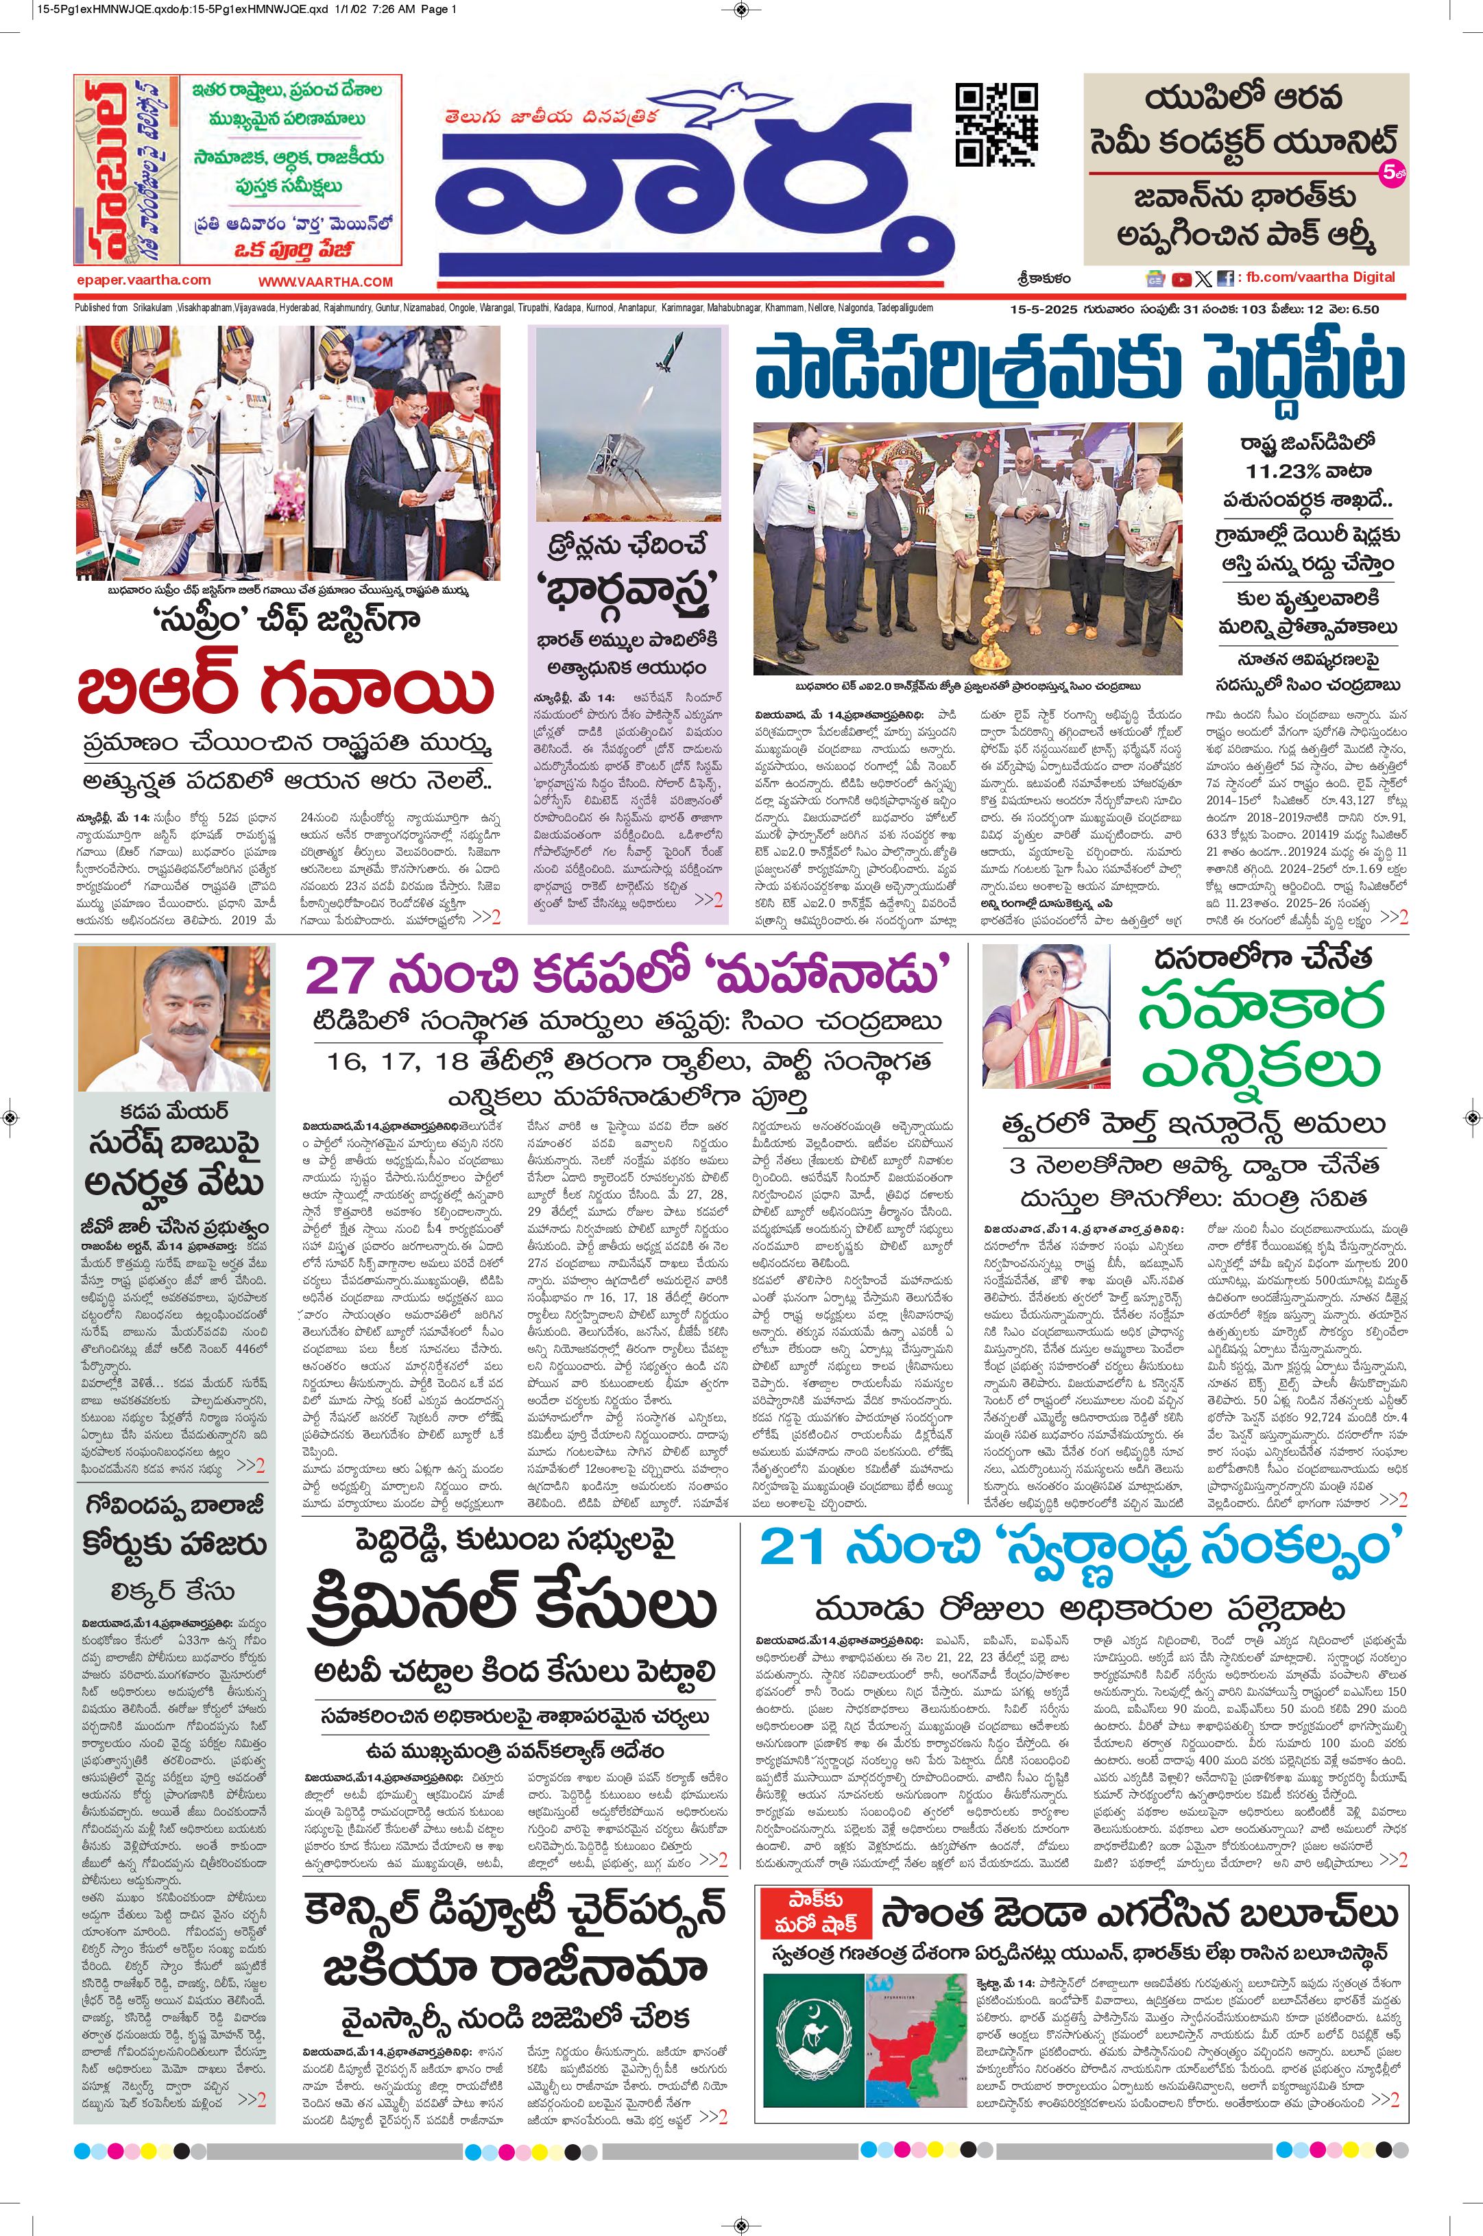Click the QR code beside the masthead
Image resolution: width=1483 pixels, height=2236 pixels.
[x=996, y=124]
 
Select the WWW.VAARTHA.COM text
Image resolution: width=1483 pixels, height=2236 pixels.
[x=326, y=281]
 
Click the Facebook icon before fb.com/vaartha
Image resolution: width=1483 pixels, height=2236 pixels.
[x=1225, y=279]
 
